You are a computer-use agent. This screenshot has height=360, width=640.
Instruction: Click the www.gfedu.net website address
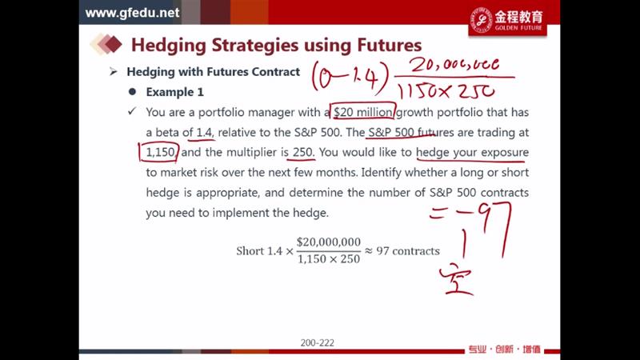click(x=132, y=13)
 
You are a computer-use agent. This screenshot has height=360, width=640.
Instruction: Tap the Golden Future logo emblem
click(x=482, y=19)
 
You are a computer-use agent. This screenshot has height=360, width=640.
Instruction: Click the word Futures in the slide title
click(x=390, y=45)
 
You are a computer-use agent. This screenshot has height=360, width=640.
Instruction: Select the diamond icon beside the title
click(x=106, y=44)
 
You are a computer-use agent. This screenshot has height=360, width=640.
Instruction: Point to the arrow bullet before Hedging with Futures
click(x=114, y=72)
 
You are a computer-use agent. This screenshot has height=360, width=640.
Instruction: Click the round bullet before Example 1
click(x=132, y=92)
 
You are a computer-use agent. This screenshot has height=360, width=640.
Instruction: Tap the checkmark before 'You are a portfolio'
click(x=132, y=111)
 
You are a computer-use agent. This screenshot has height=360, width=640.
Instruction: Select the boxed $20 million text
click(x=363, y=111)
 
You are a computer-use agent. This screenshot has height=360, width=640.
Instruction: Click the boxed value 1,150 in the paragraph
click(x=159, y=152)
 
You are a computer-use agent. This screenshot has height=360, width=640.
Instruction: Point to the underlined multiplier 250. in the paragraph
click(x=303, y=152)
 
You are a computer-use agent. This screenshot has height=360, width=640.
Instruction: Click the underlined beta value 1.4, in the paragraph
click(x=205, y=132)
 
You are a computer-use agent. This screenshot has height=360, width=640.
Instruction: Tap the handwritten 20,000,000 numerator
click(x=454, y=65)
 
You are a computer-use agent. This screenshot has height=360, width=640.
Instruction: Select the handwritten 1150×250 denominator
click(x=446, y=91)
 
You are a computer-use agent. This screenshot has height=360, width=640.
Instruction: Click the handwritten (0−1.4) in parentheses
click(x=350, y=76)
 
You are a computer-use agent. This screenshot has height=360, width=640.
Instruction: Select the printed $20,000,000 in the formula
click(x=329, y=242)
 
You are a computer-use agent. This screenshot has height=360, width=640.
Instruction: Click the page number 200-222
click(x=317, y=343)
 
